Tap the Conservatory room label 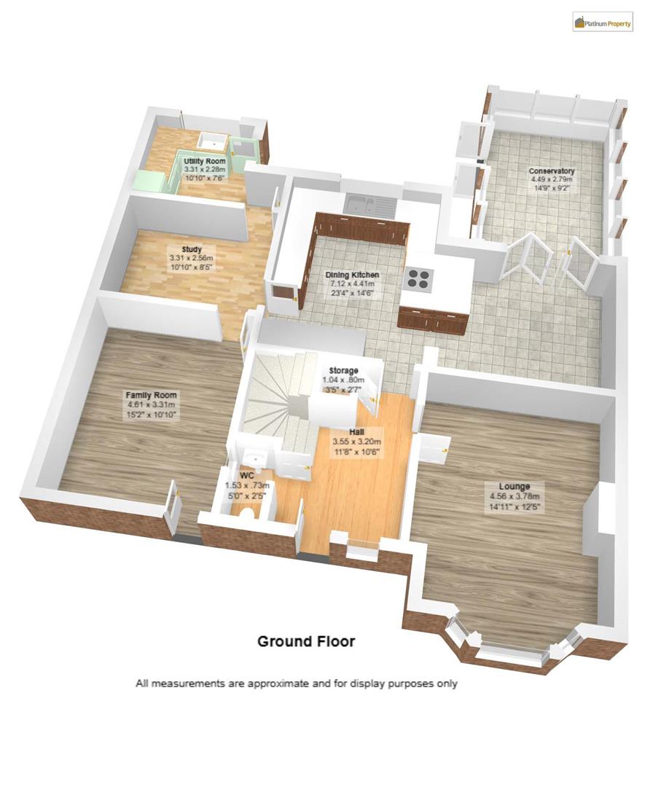[551, 171]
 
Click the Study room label [192, 248]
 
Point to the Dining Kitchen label [352, 275]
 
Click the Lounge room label [514, 486]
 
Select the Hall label [356, 432]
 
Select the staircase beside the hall [277, 393]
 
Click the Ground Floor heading [306, 641]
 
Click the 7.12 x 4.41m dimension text [352, 284]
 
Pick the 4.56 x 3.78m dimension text [514, 496]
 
